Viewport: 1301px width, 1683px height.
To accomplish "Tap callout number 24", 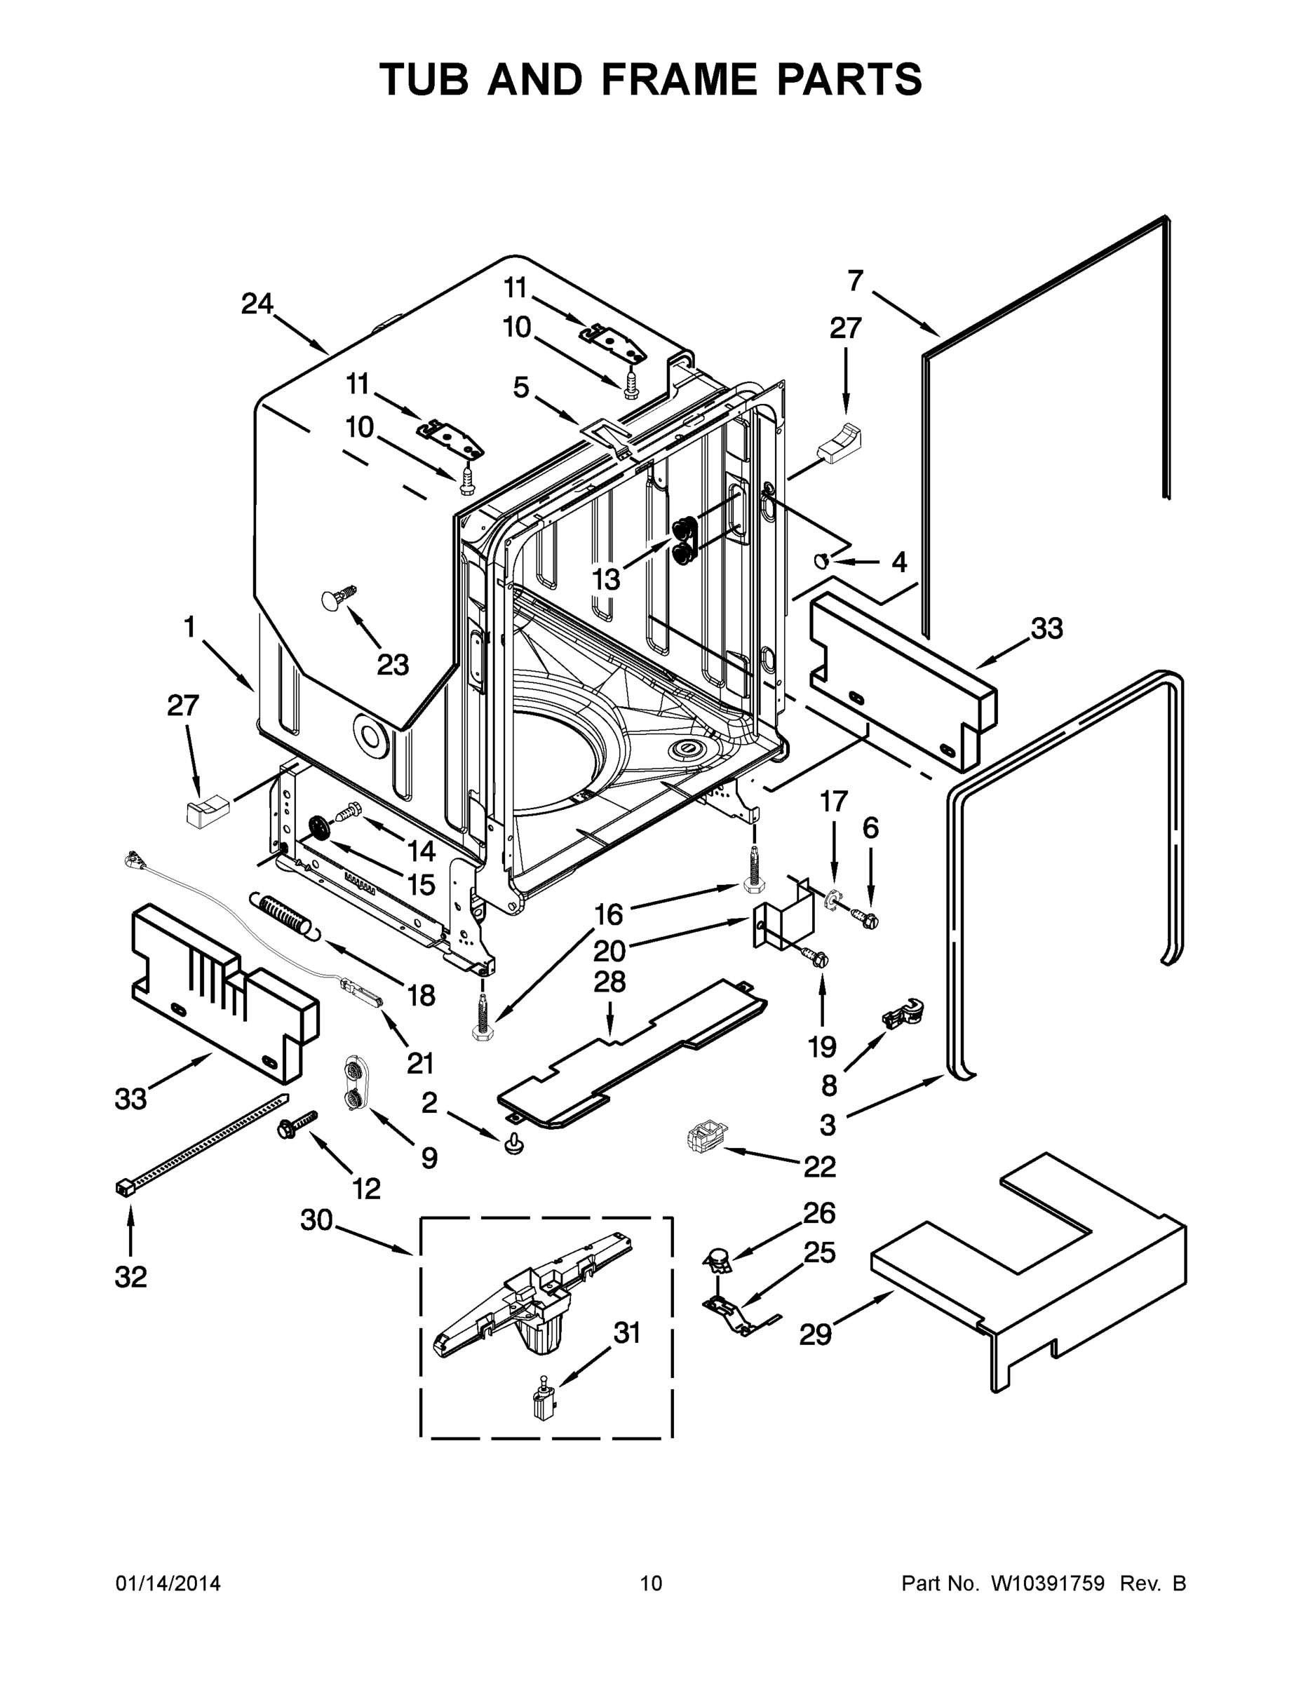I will pyautogui.click(x=257, y=304).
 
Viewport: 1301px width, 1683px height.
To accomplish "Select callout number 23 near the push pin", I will pyautogui.click(x=392, y=664).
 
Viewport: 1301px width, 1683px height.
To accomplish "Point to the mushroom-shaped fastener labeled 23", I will pyautogui.click(x=337, y=599).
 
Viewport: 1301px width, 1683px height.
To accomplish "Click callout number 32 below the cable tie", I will pyautogui.click(x=130, y=1277).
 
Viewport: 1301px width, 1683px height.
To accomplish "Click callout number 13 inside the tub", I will pyautogui.click(x=606, y=579).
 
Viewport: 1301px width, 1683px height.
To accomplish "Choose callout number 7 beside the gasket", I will pyautogui.click(x=856, y=281).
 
